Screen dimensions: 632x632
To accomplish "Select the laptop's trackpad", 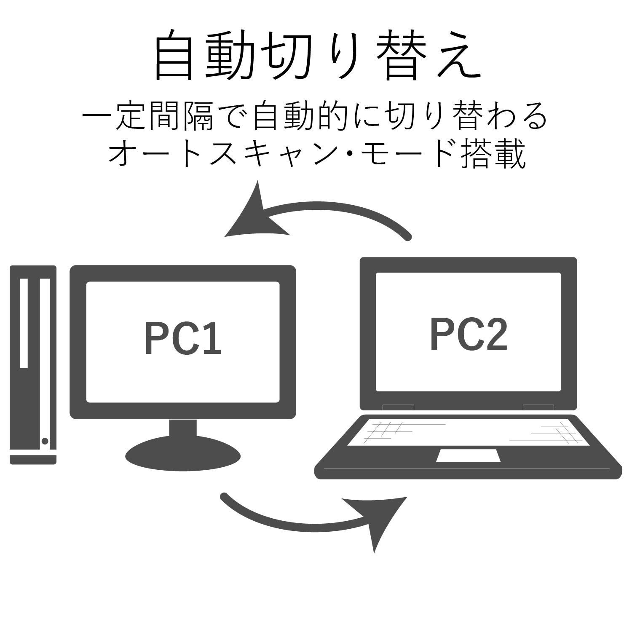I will pyautogui.click(x=468, y=455).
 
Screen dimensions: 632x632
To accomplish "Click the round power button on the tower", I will pyautogui.click(x=45, y=441).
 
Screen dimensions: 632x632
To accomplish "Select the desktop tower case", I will pyautogui.click(x=33, y=364).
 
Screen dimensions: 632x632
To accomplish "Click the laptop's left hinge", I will pyautogui.click(x=398, y=407).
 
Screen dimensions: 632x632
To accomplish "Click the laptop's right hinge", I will pyautogui.click(x=538, y=407).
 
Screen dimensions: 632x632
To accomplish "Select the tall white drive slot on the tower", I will pyautogui.click(x=24, y=323).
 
